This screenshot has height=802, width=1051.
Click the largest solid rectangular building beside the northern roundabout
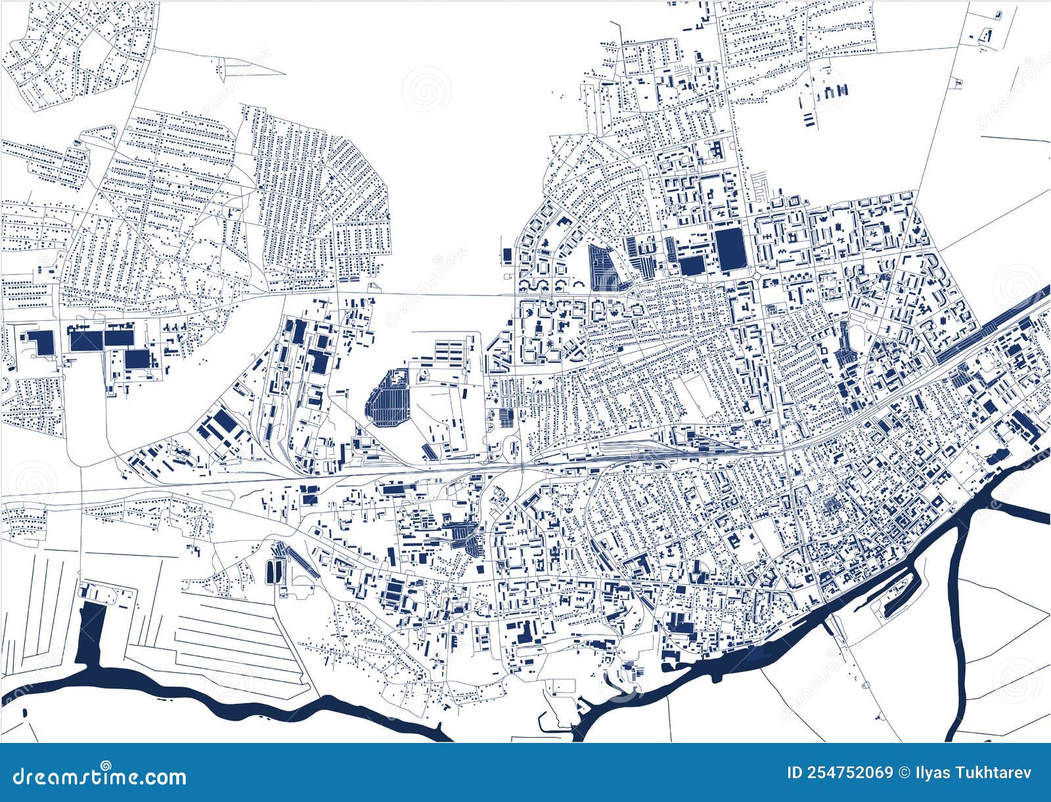[x=730, y=249]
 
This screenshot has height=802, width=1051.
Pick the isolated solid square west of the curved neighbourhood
[x=506, y=254]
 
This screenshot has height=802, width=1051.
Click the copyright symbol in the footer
[x=904, y=772]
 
